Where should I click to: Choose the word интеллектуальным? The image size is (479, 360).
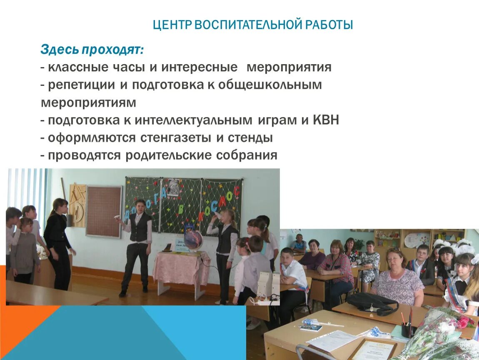tap(193, 120)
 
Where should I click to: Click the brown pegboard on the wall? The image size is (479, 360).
tap(104, 211)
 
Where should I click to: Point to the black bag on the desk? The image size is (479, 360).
tap(372, 302)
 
